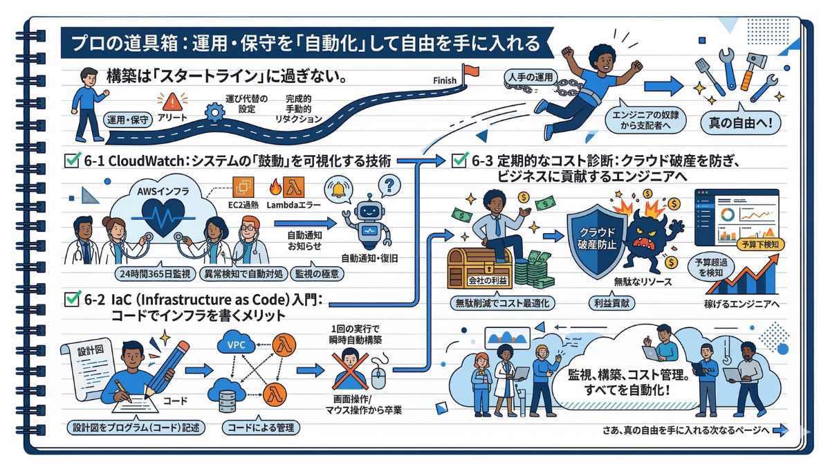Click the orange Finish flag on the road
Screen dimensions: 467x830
pyautogui.click(x=472, y=70)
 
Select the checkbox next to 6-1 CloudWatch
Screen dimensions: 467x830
pyautogui.click(x=71, y=161)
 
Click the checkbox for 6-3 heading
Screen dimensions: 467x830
pyautogui.click(x=459, y=161)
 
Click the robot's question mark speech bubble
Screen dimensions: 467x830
pyautogui.click(x=389, y=185)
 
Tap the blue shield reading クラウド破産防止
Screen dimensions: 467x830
pyautogui.click(x=592, y=239)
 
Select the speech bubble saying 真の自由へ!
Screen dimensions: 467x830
pyautogui.click(x=741, y=125)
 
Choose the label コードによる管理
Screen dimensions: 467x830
pyautogui.click(x=261, y=428)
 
